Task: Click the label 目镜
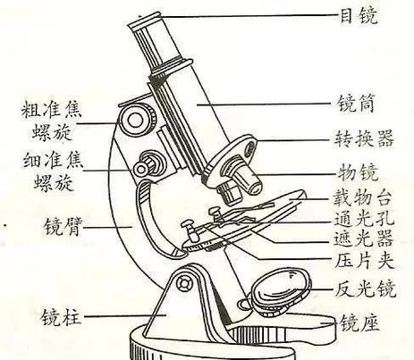point(359,16)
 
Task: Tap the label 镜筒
point(356,104)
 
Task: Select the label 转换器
point(364,138)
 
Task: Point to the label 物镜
point(358,172)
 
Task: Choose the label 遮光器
point(363,239)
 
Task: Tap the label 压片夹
point(364,260)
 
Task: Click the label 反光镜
point(366,289)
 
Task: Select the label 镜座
point(359,322)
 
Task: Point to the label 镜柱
point(61,316)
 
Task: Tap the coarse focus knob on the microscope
point(137,119)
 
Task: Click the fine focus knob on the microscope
point(148,164)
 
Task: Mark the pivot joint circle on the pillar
point(183,283)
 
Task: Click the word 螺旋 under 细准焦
point(54,182)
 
